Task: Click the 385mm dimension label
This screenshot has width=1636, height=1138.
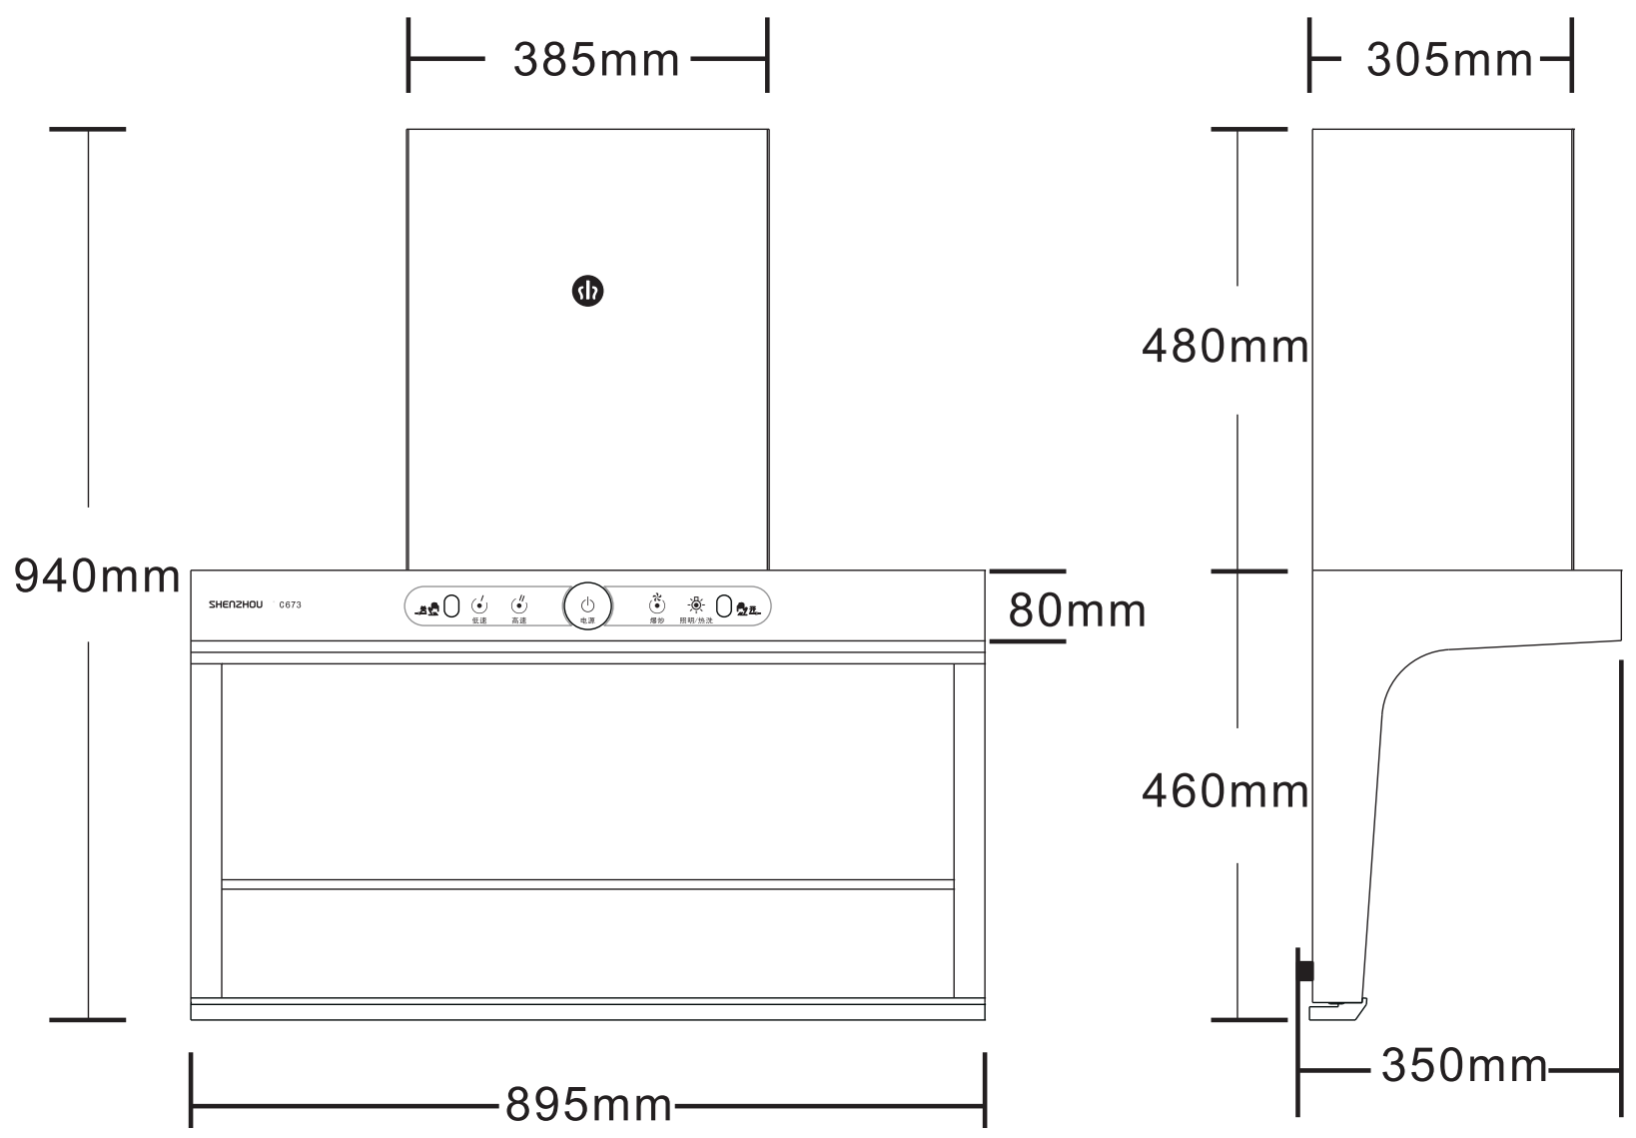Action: (596, 61)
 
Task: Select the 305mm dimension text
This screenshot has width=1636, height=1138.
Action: (1448, 61)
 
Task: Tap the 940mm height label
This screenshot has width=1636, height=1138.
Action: (97, 576)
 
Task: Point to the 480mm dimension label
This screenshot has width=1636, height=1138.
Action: (1225, 347)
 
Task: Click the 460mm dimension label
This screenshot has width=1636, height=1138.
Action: (1225, 791)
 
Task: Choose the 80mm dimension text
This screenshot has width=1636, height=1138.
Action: (1077, 609)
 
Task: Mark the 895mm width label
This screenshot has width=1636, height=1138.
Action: (588, 1105)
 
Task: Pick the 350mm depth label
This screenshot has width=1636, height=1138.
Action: (1463, 1066)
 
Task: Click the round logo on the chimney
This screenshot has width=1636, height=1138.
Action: (587, 291)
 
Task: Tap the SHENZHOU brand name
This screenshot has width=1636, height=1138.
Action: (236, 604)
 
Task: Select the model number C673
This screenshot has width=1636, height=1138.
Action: (291, 604)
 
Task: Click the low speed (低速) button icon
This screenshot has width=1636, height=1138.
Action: (479, 605)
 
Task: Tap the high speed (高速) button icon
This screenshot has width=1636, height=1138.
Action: (519, 605)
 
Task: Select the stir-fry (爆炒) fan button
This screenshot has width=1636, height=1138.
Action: (656, 604)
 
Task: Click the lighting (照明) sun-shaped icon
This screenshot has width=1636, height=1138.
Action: (696, 604)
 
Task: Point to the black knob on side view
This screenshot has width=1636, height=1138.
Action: (1304, 970)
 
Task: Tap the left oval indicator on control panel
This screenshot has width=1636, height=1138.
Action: (450, 605)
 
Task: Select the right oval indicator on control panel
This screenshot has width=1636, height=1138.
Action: (724, 605)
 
